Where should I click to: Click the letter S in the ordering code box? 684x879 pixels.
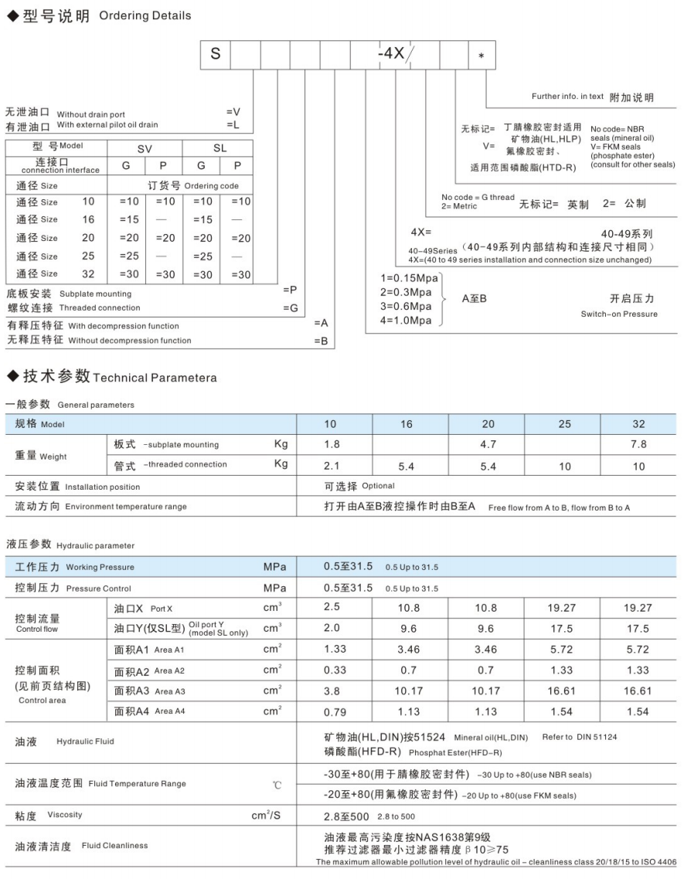[x=216, y=55]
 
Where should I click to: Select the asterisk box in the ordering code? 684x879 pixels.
[x=482, y=56]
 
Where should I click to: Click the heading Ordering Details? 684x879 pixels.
[x=145, y=16]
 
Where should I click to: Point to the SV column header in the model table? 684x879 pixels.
[x=145, y=148]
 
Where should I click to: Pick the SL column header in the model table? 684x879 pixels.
[x=219, y=148]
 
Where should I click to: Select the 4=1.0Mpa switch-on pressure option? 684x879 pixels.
[x=406, y=321]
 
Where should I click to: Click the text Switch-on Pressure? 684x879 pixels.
[x=619, y=314]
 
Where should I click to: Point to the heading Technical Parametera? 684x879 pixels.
[x=154, y=378]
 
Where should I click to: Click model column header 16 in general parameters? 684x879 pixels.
[x=407, y=424]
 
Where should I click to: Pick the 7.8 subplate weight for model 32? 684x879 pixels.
[x=638, y=444]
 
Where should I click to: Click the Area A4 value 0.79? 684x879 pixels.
[x=335, y=711]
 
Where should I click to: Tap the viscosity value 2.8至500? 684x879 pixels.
[x=348, y=816]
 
